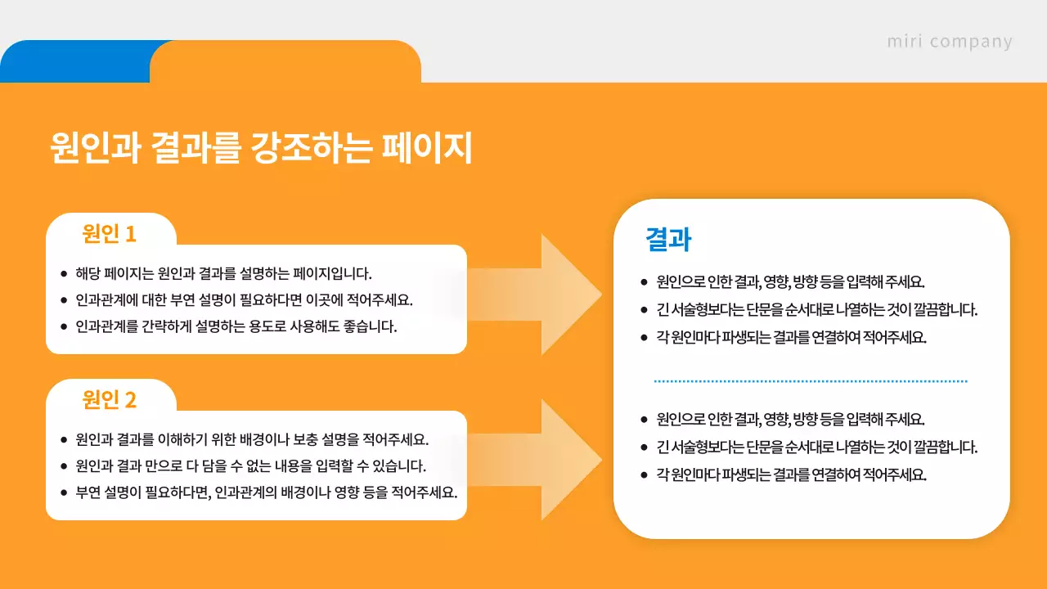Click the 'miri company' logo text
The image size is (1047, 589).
pos(949,41)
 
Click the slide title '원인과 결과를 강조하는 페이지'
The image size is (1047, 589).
pos(261,148)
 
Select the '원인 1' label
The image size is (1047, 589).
pos(109,234)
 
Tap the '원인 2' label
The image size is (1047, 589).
pos(109,400)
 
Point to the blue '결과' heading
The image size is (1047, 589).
pos(668,240)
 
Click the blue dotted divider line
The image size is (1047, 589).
pos(810,381)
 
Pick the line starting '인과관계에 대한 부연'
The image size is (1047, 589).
pos(244,299)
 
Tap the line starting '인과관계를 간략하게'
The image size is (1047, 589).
pos(236,326)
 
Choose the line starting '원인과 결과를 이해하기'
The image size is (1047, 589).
pos(252,438)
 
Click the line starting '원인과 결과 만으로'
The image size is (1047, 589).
pos(250,465)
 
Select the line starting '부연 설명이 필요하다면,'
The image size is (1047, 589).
pos(266,492)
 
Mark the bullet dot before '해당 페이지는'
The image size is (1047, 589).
pos(64,273)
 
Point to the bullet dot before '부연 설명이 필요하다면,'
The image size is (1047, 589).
pos(64,493)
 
